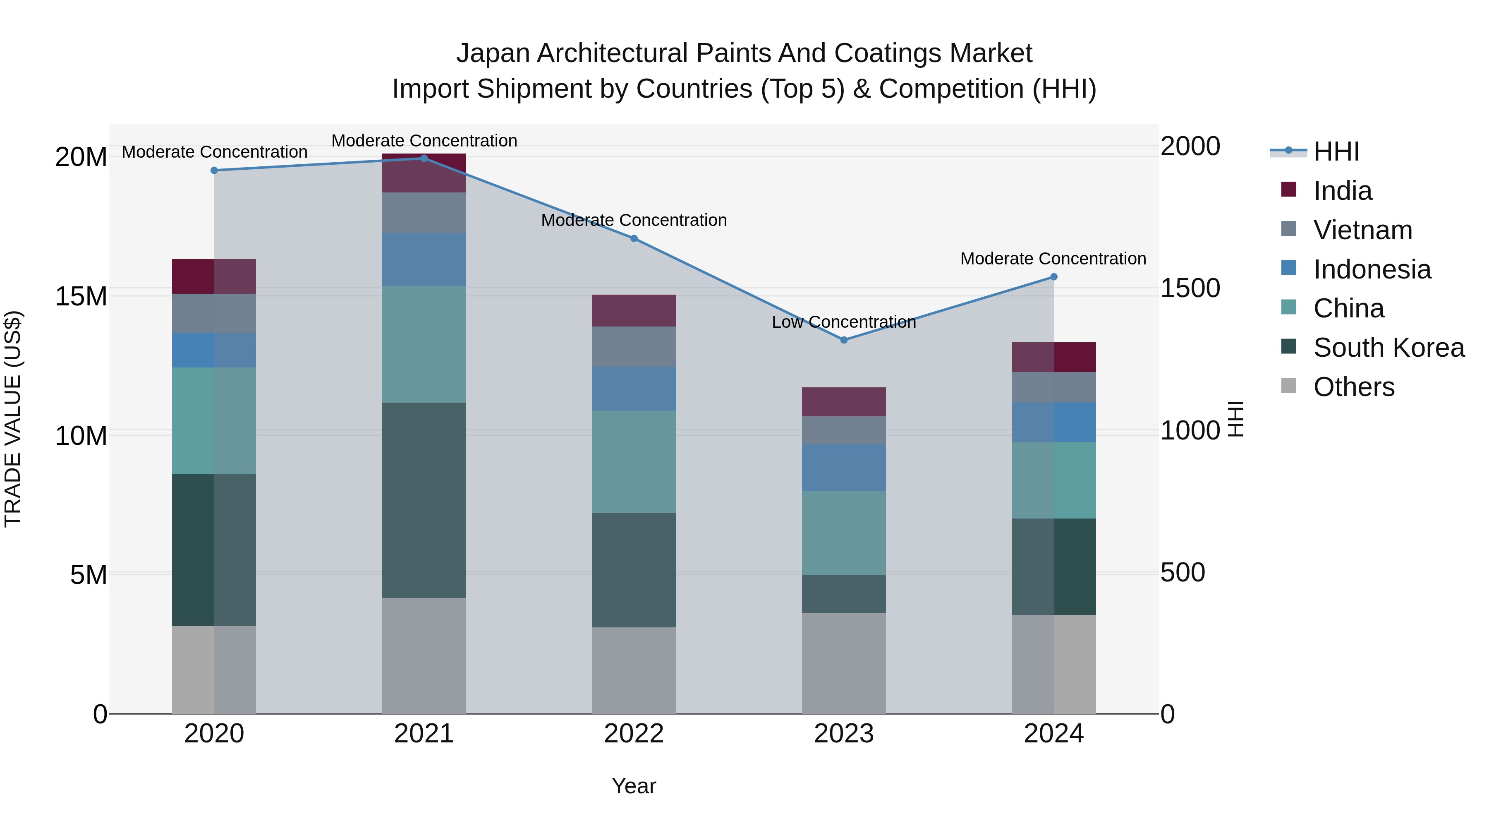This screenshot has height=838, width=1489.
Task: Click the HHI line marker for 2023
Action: (843, 340)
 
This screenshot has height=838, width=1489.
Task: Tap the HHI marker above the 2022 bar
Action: (634, 239)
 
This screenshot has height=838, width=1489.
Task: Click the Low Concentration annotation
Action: (843, 322)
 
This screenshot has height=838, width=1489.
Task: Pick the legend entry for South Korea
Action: (1388, 348)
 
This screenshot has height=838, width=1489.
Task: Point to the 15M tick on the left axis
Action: (81, 296)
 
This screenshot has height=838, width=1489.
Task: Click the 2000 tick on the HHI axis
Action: (1190, 146)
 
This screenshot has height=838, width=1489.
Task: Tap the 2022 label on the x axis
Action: (634, 734)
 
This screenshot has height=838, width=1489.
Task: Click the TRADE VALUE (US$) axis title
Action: (13, 419)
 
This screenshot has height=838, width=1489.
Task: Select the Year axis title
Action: (634, 786)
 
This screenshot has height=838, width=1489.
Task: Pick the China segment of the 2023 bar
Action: (843, 533)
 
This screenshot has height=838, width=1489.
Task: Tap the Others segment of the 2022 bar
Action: (634, 670)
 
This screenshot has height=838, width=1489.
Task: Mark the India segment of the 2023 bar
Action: (843, 402)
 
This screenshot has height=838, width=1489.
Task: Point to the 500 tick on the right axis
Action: (1183, 573)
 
